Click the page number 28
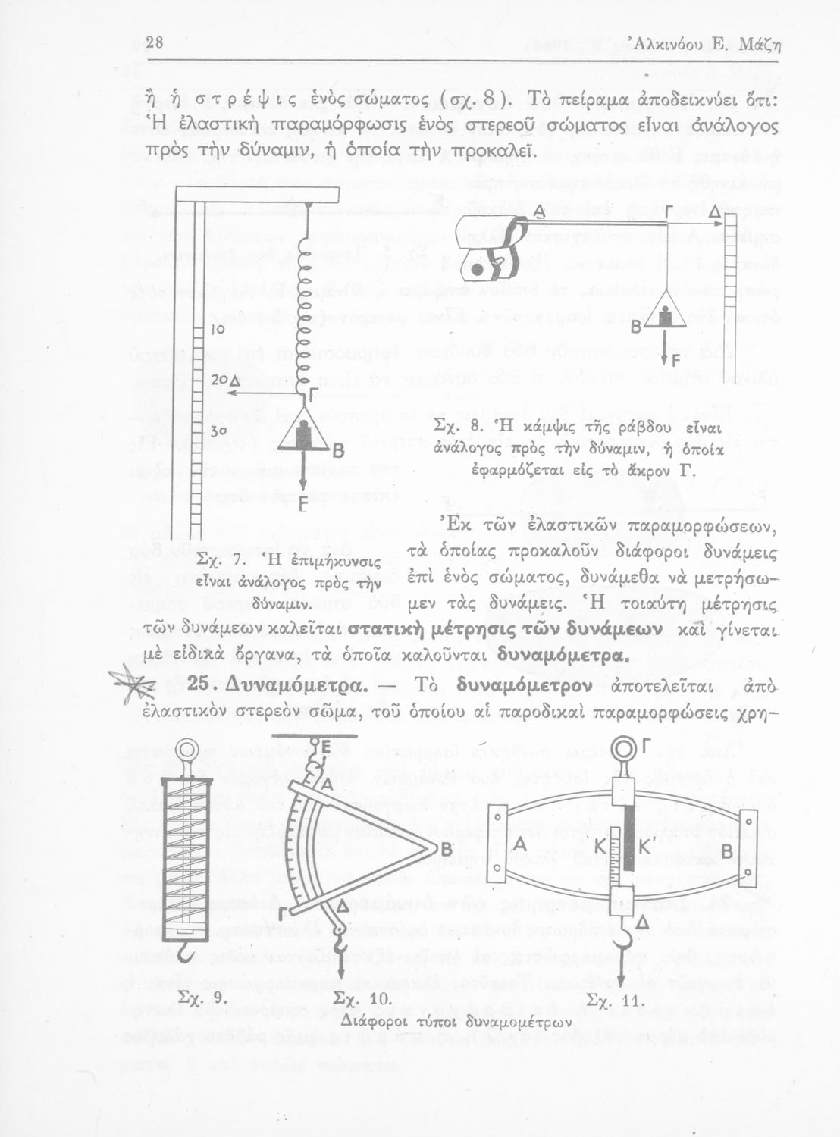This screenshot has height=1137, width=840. (155, 42)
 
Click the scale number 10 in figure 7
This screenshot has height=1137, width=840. (218, 330)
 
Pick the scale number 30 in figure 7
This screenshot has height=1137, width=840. (218, 430)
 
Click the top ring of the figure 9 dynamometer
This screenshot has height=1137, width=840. (185, 750)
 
